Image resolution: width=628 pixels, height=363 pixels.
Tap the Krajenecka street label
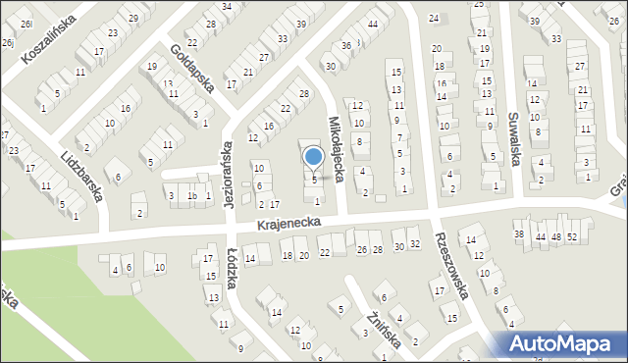pos(289,225)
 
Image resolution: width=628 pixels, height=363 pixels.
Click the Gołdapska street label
pos(191,67)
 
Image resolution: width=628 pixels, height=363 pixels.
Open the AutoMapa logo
pos(558,343)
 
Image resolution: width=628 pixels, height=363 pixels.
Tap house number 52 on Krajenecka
pos(572,237)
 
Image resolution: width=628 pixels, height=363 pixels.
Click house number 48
pos(555,237)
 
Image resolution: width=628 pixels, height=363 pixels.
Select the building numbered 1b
pos(193,196)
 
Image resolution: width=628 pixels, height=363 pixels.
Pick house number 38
pos(519,233)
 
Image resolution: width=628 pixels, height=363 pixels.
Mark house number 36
pos(345,45)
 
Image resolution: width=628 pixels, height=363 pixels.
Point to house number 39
pos(535,21)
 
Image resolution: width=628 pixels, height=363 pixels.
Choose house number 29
pos(133,19)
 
